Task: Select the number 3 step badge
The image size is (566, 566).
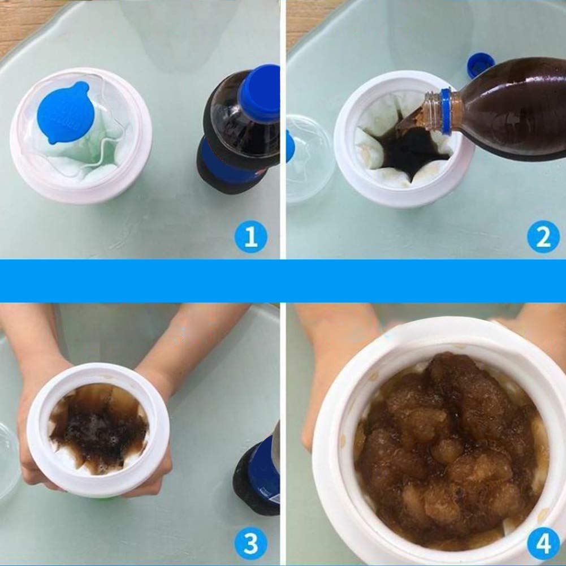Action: coord(250,544)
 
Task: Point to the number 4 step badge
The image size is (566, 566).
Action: coord(543,544)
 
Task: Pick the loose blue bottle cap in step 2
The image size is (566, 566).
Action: coord(479,65)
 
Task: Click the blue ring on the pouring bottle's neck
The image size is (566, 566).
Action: coord(446,111)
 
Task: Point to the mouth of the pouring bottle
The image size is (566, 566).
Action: coord(428,113)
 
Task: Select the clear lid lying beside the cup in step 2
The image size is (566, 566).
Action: coord(308,158)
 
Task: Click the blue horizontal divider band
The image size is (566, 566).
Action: coord(283,280)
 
